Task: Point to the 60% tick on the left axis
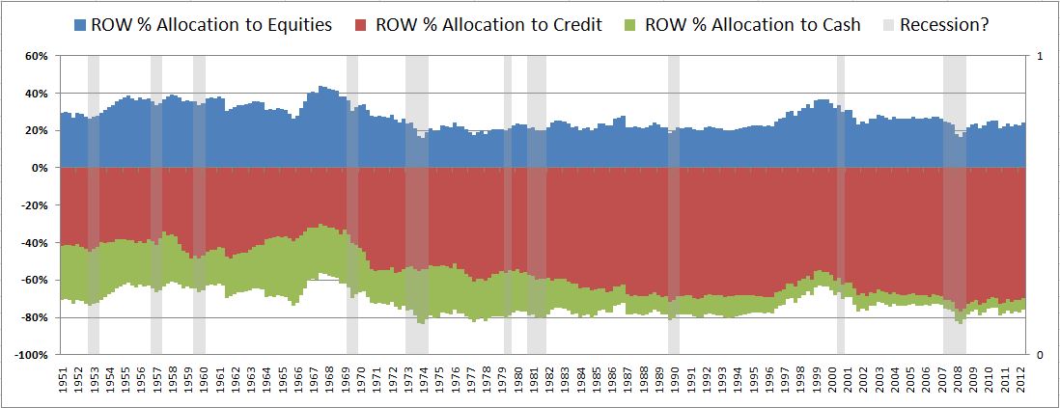click(x=36, y=56)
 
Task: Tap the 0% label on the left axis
click(x=40, y=168)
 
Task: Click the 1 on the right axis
click(x=1039, y=56)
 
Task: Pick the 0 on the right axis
click(x=1039, y=355)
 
